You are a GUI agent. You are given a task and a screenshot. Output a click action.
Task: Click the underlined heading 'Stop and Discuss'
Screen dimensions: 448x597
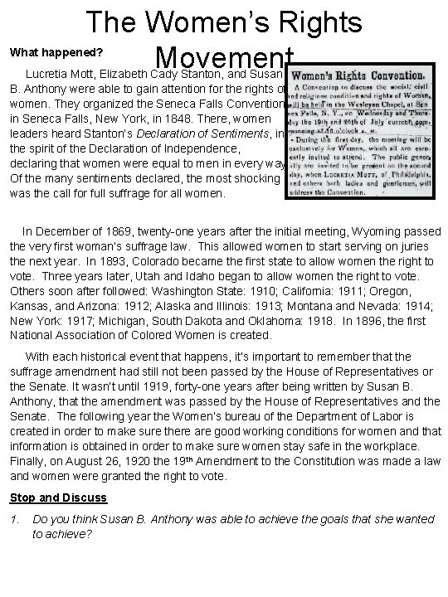point(58,498)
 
